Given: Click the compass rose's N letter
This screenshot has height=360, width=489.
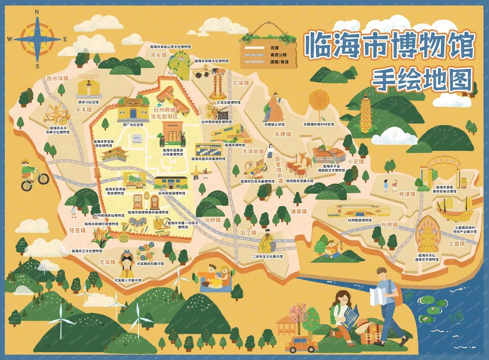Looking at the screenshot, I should pos(37,12).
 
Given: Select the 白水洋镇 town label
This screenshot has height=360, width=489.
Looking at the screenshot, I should pos(58,78).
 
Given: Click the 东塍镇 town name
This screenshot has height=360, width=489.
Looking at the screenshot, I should pos(283,134).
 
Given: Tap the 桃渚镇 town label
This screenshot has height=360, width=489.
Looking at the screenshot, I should pos(394,194).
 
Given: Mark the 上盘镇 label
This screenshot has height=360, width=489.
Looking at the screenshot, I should pos(456,243).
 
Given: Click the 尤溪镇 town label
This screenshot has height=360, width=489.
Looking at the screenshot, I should pos(108,262).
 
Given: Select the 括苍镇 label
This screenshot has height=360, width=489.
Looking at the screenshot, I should pos(77,230).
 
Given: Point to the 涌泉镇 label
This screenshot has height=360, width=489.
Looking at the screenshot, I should pos(298,211).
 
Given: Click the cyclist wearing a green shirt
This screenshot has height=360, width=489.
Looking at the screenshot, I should pos(32,174).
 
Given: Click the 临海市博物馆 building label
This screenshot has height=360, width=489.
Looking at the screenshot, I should pos(234,145).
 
